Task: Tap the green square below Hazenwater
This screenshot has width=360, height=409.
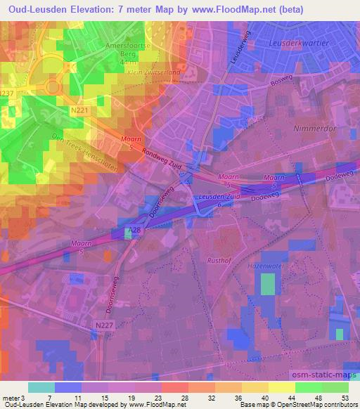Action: (268, 284)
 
